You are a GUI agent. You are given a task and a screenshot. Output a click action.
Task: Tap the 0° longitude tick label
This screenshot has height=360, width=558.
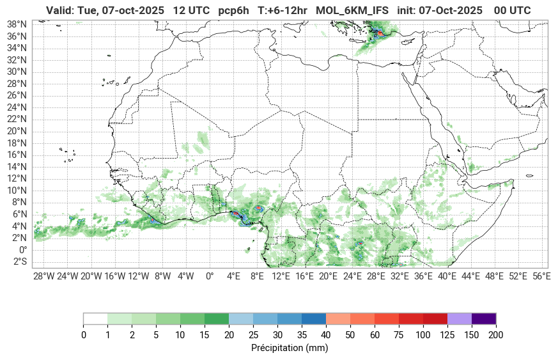210,276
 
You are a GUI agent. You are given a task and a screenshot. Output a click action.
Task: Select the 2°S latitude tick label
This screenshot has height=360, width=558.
18,262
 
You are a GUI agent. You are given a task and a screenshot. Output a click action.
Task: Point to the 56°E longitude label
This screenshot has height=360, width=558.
541,276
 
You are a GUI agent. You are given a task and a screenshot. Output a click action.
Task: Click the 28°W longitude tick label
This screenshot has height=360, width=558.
43,276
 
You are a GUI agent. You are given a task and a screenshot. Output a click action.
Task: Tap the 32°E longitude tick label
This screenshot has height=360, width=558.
399,276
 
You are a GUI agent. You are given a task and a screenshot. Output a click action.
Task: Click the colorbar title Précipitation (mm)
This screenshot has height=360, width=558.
290,348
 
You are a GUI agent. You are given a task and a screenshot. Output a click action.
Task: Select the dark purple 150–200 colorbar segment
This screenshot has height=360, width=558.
484,318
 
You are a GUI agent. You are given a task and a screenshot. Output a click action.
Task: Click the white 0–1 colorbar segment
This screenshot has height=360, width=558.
95,318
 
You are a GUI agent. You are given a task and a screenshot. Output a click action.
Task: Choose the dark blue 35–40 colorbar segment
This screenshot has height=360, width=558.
314,318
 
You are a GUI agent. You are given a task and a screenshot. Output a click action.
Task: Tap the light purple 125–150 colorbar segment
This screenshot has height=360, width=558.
460,318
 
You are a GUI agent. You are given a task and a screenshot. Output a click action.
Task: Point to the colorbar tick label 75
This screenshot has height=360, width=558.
398,334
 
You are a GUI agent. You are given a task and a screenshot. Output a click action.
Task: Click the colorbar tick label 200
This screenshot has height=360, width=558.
496,334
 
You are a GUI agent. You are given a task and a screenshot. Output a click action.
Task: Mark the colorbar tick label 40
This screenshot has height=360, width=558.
326,334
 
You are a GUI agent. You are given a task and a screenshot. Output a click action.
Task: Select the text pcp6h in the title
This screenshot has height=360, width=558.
234,10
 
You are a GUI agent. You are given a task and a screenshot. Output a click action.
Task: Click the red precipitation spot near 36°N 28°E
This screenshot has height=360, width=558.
380,33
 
